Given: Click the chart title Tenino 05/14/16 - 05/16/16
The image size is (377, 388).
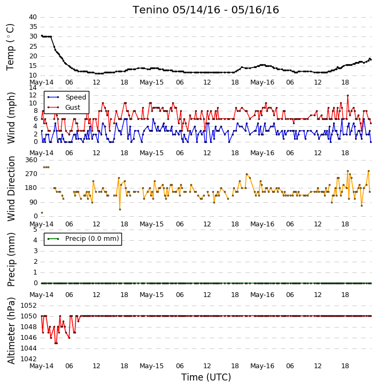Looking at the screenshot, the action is (206, 10).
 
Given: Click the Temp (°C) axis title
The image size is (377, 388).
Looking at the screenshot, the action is (10, 47).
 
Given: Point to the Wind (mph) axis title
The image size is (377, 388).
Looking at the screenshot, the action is (11, 118).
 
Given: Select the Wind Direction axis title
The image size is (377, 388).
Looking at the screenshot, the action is (11, 188).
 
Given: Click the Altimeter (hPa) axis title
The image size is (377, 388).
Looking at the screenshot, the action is (11, 331).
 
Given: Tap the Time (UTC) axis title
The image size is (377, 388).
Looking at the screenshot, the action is (206, 377).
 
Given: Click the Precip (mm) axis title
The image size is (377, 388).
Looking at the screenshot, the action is (11, 260).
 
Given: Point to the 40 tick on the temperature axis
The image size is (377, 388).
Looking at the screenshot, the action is (33, 17).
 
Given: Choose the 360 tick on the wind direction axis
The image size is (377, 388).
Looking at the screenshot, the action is (32, 160).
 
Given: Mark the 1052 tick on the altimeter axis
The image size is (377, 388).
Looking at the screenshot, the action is (29, 306).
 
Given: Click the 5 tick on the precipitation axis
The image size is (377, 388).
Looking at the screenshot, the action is (35, 230).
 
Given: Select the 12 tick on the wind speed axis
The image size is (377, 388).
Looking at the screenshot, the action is (33, 95).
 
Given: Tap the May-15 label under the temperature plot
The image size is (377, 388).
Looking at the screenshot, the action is (151, 82).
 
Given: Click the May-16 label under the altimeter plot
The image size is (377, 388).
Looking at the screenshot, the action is (262, 366).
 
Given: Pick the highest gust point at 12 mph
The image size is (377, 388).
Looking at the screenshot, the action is (348, 95).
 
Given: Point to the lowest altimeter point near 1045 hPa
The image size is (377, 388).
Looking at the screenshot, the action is (56, 343).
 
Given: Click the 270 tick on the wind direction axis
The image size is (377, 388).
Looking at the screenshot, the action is (32, 174).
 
